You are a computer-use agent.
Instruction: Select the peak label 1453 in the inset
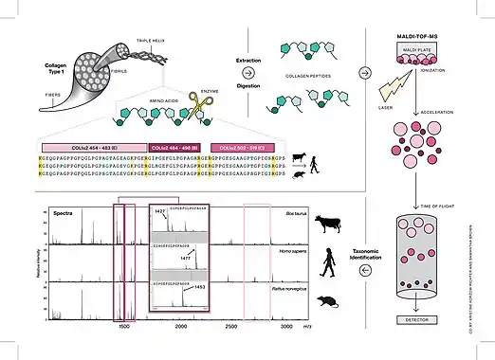coord(199,285)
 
